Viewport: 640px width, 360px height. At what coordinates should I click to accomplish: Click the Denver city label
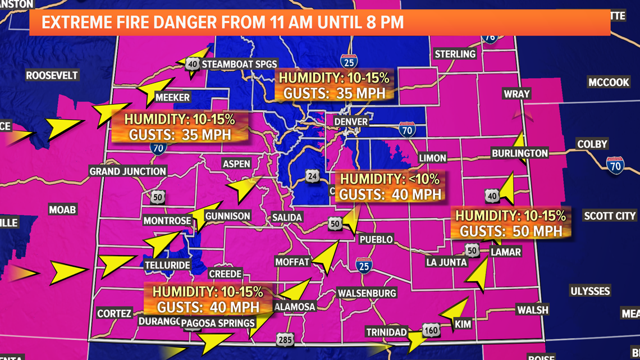[351, 121]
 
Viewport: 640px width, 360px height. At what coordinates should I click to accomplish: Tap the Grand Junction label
[128, 171]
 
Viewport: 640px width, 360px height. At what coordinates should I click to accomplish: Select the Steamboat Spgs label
[239, 63]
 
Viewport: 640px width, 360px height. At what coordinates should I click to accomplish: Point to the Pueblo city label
[376, 239]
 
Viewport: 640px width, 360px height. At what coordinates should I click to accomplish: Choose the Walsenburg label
[367, 293]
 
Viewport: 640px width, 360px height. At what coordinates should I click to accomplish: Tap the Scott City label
[610, 216]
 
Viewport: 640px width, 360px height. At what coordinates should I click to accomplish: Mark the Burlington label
[519, 153]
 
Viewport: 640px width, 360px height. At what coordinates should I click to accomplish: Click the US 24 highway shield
[312, 176]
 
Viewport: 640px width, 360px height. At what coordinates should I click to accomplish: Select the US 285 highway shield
[284, 339]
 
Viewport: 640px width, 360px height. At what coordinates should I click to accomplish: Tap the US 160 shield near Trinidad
[431, 331]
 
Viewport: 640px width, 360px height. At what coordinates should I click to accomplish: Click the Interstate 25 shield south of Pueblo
[364, 265]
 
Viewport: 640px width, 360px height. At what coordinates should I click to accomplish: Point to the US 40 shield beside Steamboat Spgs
[193, 64]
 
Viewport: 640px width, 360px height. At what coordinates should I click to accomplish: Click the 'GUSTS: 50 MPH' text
[510, 230]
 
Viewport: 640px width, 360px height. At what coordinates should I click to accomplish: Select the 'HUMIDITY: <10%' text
[390, 179]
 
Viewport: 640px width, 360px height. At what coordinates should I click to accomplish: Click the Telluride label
[167, 265]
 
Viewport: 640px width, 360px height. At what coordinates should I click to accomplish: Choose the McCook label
[609, 83]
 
